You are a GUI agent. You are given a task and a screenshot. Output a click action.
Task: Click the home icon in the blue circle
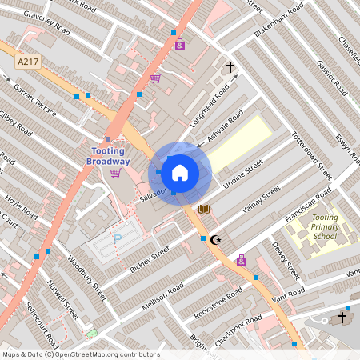click(180, 172)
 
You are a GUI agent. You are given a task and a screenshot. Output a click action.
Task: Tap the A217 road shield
click(27, 60)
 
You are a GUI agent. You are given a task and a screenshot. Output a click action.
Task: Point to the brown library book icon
click(204, 209)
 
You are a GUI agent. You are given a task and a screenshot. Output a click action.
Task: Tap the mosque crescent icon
click(215, 238)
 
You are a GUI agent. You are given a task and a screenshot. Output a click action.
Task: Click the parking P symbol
click(118, 238)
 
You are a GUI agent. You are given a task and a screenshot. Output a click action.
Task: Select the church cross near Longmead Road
click(230, 67)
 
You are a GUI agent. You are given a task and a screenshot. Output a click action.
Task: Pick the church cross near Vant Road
click(342, 318)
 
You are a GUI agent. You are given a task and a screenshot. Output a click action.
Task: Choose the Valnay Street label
click(260, 201)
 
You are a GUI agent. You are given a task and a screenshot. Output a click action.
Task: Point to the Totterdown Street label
click(311, 154)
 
